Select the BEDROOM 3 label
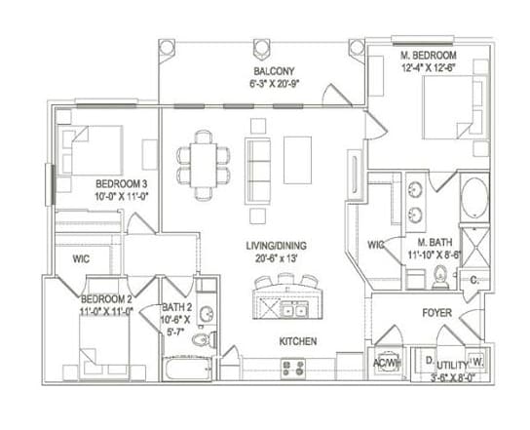pyautogui.click(x=121, y=183)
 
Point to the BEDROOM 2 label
pyautogui.click(x=105, y=298)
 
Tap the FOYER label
pyautogui.click(x=435, y=315)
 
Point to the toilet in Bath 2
pyautogui.click(x=203, y=339)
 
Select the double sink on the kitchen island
pyautogui.click(x=291, y=311)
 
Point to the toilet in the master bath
pyautogui.click(x=439, y=278)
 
